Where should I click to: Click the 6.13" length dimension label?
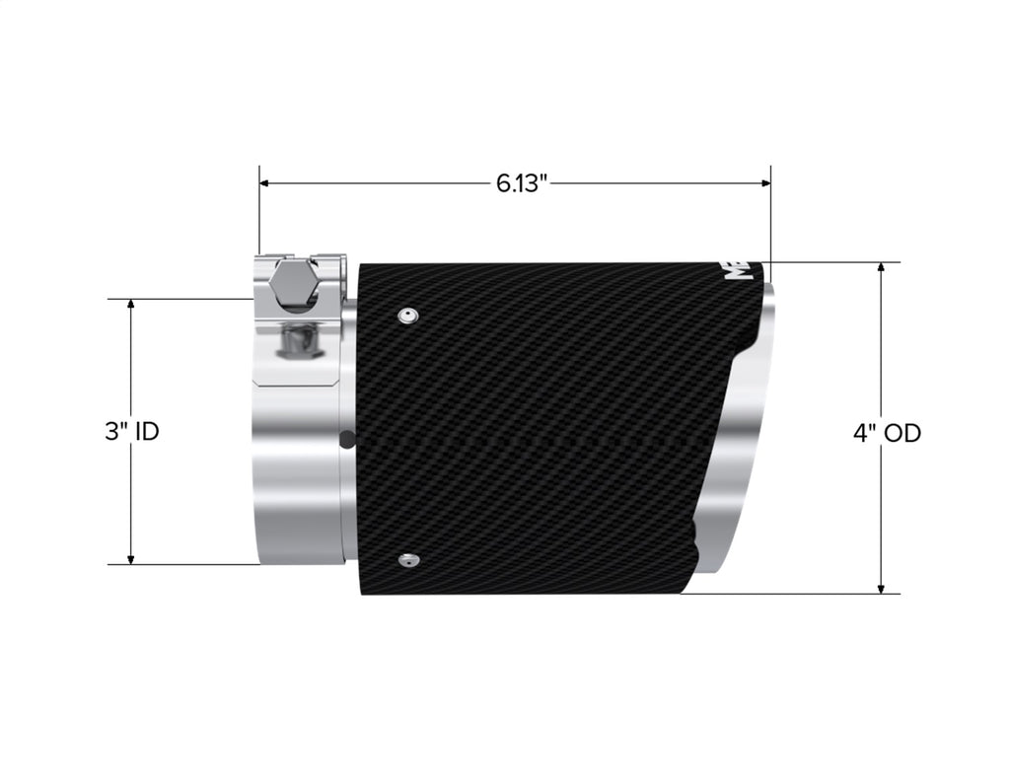[521, 183]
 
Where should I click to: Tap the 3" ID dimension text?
[131, 432]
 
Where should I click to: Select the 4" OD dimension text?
[887, 432]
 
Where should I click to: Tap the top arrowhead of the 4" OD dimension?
[881, 268]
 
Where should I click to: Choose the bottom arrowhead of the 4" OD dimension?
[881, 588]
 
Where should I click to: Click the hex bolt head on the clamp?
[293, 283]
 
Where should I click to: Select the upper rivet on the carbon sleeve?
[406, 316]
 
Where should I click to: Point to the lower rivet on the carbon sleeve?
[406, 561]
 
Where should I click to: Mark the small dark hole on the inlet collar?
[343, 439]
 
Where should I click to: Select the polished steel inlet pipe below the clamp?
[296, 473]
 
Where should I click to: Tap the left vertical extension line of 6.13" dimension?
[259, 212]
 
